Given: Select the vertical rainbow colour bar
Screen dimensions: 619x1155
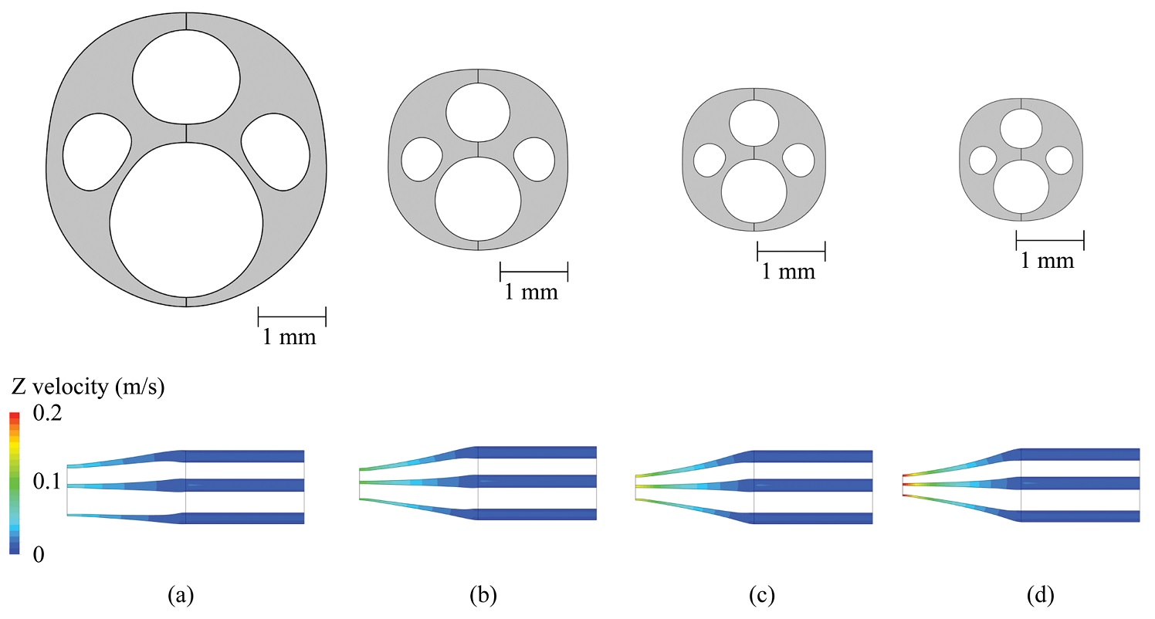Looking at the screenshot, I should point(14,482).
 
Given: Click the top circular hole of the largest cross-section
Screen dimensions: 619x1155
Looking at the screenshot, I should point(186,77).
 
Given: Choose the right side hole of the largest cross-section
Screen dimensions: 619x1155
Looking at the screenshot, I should point(275,151).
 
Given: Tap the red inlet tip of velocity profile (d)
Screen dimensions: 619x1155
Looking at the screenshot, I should point(904,485).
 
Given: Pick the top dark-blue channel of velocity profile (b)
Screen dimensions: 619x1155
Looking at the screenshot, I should point(537,452).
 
